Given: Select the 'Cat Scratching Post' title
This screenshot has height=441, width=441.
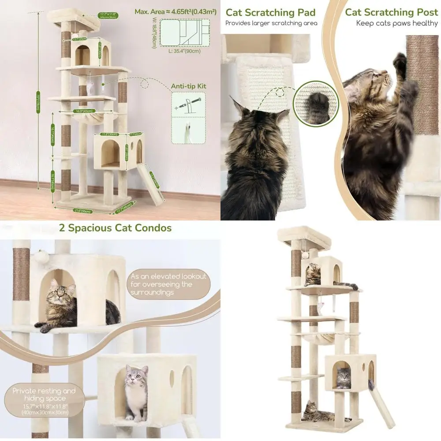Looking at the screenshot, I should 391,12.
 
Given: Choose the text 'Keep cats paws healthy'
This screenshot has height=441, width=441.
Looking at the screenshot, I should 396,23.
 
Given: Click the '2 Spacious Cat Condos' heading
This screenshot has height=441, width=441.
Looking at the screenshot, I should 115,228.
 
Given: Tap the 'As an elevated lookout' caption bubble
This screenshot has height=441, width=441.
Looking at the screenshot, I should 168,284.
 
